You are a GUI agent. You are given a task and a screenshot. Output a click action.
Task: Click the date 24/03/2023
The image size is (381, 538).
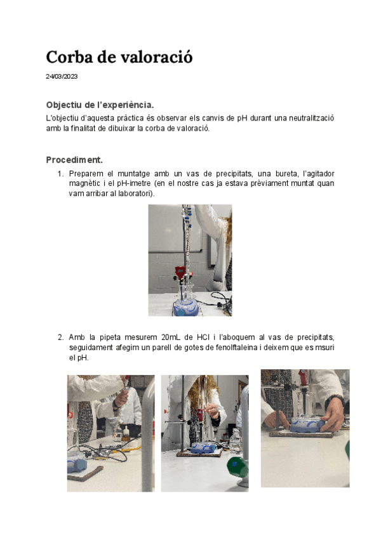click(x=62, y=77)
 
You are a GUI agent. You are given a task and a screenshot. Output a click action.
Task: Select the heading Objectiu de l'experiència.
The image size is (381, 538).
click(x=100, y=105)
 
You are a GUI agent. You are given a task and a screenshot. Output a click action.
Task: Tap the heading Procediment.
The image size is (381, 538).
click(x=74, y=160)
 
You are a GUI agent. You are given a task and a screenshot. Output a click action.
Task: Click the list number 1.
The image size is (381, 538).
click(x=60, y=174)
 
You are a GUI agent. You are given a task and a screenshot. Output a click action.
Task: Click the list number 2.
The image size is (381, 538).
click(x=60, y=338)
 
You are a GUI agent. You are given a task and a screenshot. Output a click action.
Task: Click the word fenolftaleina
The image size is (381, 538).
click(x=236, y=348)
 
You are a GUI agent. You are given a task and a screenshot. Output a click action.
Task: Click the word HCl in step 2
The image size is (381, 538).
click(x=203, y=338)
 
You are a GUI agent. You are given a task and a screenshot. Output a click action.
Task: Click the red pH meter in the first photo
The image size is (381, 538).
click(x=180, y=272)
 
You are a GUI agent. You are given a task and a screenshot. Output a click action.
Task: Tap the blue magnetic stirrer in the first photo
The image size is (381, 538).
click(x=186, y=308)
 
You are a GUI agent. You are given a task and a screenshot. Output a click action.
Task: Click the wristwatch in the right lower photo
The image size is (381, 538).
click(x=333, y=400)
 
